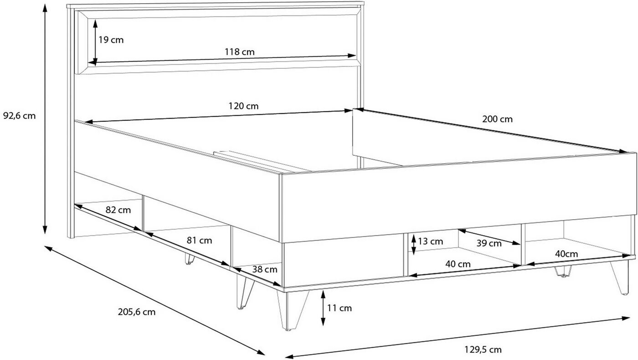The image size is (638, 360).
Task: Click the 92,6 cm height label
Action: [19, 116]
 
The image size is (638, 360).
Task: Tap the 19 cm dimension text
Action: [111, 40]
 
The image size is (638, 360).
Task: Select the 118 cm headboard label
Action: [240, 52]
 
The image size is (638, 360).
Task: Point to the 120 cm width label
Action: [243, 106]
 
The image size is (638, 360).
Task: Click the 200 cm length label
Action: [497, 119]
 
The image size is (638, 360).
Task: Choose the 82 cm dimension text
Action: [118, 210]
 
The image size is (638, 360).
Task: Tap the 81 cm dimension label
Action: [200, 241]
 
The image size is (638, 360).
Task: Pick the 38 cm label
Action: [265, 269]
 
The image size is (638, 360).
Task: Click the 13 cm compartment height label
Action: [430, 242]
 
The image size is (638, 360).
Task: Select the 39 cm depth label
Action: [489, 243]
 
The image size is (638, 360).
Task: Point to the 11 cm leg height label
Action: [339, 308]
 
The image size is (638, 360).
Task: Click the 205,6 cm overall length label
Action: [137, 312]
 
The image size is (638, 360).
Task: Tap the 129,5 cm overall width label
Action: [483, 350]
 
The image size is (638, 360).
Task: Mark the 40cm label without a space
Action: [566, 254]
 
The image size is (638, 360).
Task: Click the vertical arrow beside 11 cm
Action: [323, 308]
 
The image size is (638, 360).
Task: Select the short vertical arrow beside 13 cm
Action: [414, 244]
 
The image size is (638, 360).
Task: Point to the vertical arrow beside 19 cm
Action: [95, 43]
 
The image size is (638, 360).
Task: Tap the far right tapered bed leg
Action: [620, 278]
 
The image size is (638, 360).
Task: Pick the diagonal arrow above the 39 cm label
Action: [489, 237]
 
